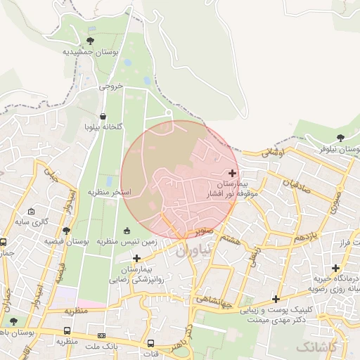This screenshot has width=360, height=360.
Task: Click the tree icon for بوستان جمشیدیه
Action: (89, 40)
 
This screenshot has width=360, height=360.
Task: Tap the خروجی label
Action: (111, 86)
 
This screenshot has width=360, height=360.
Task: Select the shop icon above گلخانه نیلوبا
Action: (103, 117)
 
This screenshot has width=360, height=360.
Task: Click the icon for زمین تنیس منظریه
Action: (127, 231)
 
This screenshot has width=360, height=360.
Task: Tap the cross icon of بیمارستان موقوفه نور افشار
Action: (233, 172)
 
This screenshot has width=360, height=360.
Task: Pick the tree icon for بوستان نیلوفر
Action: (340, 138)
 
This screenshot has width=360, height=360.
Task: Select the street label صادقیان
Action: (297, 186)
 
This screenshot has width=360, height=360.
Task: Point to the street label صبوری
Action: (337, 199)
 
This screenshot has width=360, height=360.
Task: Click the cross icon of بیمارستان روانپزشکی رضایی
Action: (136, 258)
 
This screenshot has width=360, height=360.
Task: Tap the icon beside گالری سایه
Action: (30, 211)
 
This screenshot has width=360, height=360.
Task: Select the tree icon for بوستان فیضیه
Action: (66, 230)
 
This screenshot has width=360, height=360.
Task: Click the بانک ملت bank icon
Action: (101, 335)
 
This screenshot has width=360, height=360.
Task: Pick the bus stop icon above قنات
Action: (150, 333)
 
